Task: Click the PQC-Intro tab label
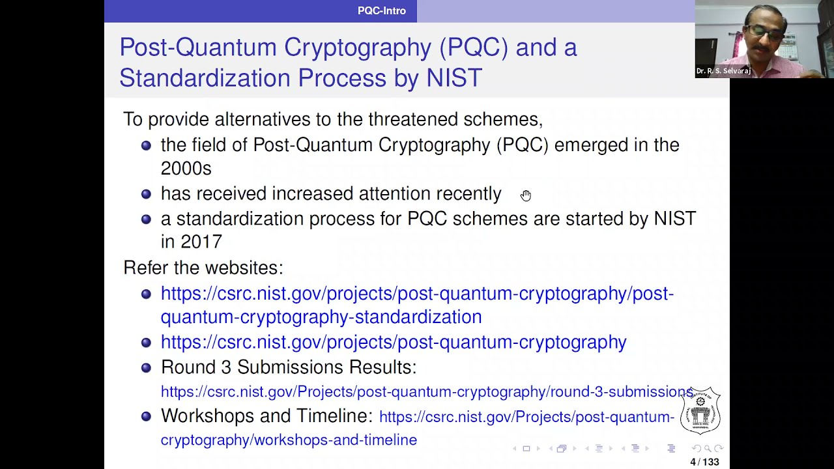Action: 381,10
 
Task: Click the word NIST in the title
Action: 453,78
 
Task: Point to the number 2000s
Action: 186,169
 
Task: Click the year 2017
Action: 201,242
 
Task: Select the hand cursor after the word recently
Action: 526,195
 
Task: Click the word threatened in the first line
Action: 412,119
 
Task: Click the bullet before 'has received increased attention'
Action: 146,194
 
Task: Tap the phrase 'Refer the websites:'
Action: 203,268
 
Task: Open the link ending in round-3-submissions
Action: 427,391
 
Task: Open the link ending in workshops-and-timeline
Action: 289,440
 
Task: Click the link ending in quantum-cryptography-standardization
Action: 321,317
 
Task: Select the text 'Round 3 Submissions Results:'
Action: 288,367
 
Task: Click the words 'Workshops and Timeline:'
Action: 266,416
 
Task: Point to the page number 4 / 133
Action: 704,462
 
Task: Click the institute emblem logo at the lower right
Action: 700,411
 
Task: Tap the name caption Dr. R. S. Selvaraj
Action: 723,71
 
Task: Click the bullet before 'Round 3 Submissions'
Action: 146,368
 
